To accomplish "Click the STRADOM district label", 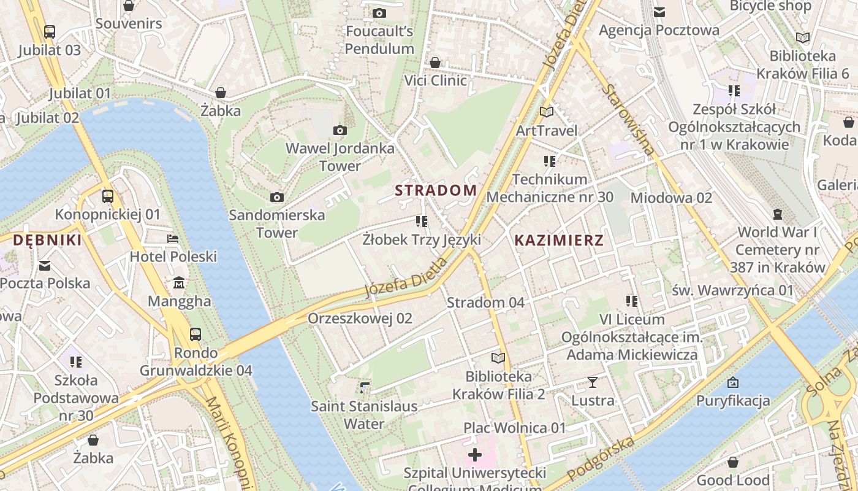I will [x=436, y=190].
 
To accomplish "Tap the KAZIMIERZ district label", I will [x=559, y=241].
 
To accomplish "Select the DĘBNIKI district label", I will [x=47, y=241].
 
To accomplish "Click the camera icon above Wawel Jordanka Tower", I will [x=340, y=130].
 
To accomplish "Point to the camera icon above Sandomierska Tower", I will [x=277, y=197].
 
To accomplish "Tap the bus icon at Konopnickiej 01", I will [x=108, y=196].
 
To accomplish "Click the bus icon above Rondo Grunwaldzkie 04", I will [x=196, y=334].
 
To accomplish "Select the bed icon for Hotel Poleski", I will [x=173, y=238].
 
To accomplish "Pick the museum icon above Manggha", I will [x=179, y=283].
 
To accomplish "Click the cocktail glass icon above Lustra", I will [x=592, y=382].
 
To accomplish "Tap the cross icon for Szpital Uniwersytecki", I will [x=474, y=455].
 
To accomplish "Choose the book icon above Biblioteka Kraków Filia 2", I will [x=499, y=358].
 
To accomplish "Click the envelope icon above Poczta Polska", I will [x=45, y=265].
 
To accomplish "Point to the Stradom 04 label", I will [x=485, y=303].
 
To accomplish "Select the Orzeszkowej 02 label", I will [x=360, y=319].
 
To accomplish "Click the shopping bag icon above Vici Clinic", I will [x=435, y=63].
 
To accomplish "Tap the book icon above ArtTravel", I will [x=547, y=112].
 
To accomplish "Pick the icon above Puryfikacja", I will [x=732, y=383].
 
